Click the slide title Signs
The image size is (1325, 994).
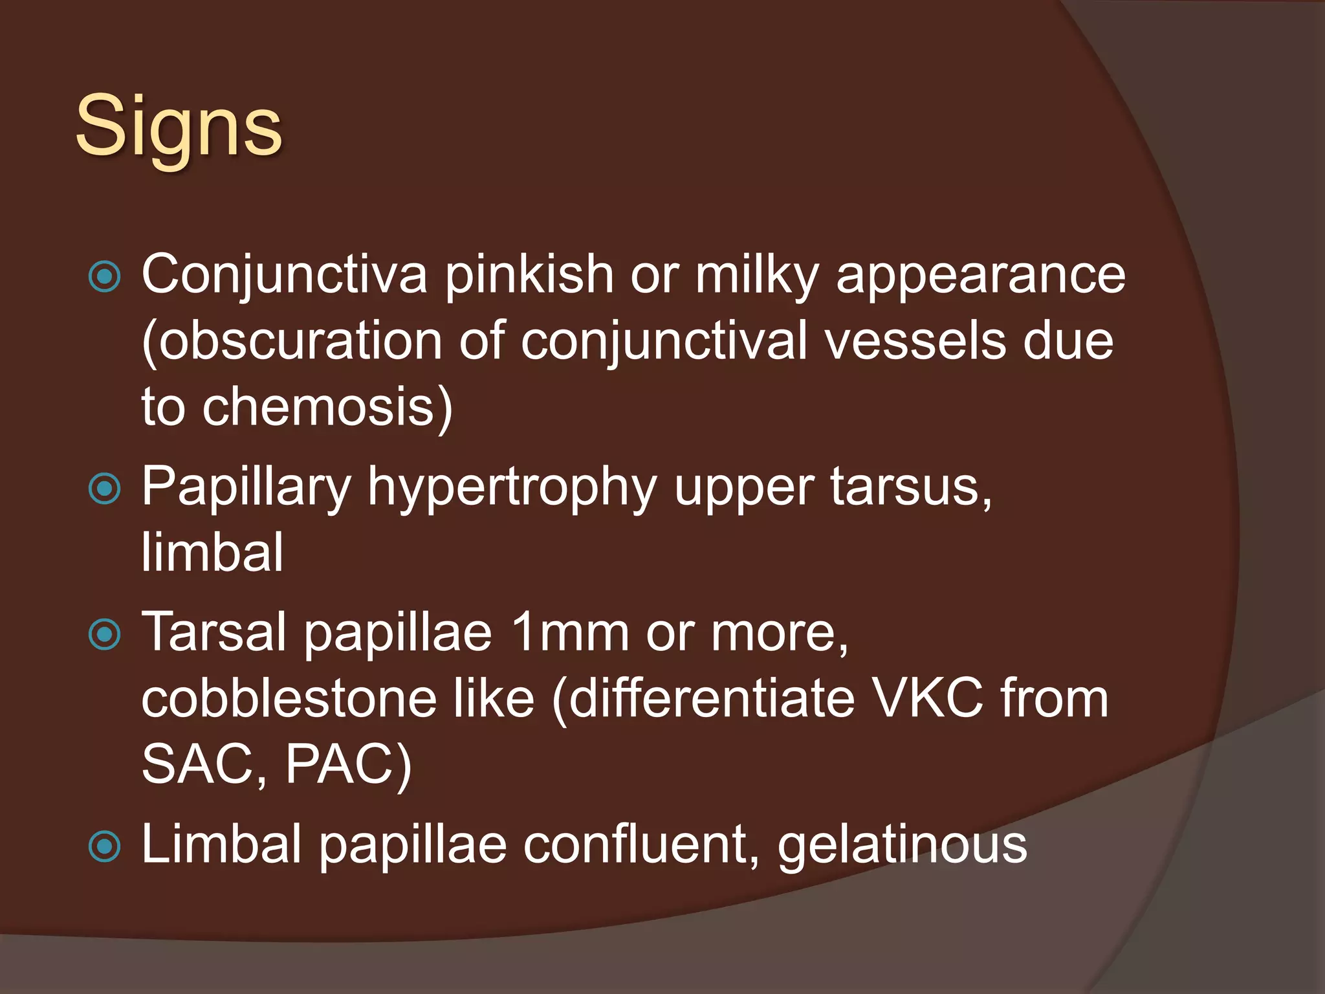point(179,126)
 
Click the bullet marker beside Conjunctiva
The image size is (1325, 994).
point(104,276)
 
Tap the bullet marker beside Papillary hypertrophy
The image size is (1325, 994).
point(104,488)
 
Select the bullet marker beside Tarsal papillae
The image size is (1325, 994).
point(104,634)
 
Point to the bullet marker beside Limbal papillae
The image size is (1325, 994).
point(104,846)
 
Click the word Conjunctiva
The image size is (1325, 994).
point(284,275)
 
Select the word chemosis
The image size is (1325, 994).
point(317,408)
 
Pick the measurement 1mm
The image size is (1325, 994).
point(569,633)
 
